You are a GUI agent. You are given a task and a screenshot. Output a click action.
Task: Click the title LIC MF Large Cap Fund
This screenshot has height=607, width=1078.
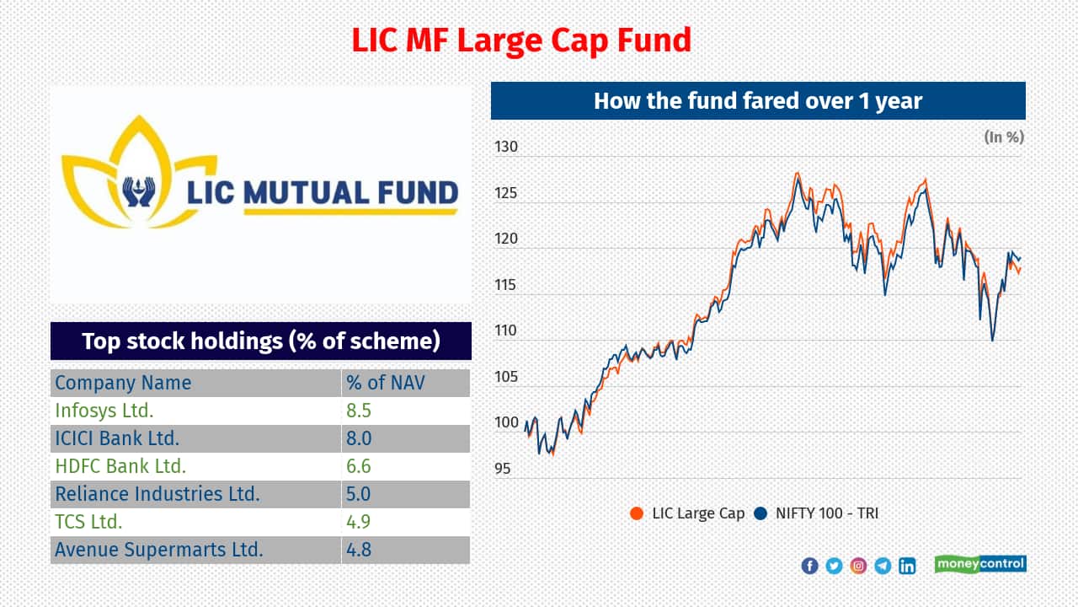point(521,40)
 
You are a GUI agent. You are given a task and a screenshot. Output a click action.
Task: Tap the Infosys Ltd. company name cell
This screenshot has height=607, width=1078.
point(104,411)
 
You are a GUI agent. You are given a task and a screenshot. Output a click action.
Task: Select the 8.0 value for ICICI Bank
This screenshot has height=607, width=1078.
point(359,438)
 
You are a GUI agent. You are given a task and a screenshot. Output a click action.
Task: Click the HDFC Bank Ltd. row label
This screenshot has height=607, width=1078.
point(120,466)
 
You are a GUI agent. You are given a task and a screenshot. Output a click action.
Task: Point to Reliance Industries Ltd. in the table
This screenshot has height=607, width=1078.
point(157,494)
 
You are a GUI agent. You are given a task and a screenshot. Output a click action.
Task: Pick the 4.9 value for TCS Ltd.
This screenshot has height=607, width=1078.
point(359,522)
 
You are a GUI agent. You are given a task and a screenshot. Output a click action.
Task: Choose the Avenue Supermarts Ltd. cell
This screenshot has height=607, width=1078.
point(159,550)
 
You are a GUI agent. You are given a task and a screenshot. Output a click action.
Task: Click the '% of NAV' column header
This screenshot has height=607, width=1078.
point(386,383)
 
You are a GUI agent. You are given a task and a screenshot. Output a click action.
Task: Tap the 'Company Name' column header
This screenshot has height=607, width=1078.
point(123,383)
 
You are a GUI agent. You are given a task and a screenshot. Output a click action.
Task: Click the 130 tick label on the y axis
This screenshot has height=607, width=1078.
point(506,148)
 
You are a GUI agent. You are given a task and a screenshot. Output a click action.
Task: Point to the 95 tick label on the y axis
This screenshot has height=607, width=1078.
point(502,469)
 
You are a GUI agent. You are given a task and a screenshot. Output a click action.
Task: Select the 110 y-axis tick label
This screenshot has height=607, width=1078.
point(506,331)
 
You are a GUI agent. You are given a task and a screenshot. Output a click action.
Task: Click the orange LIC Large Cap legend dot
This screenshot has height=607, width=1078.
point(637,513)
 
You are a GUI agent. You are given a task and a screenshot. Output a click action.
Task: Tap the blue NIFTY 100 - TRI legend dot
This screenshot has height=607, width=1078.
point(760,513)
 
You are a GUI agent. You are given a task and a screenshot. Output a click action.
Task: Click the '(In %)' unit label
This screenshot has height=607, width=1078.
point(1004,137)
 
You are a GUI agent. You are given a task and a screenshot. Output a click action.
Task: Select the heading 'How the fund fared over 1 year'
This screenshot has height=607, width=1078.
point(758,101)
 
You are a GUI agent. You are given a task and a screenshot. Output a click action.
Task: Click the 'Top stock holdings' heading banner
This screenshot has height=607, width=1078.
point(261,341)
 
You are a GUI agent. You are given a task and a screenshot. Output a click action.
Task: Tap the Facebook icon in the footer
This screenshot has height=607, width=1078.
point(809,566)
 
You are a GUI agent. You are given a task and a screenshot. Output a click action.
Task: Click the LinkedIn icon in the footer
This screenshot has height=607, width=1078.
point(907,566)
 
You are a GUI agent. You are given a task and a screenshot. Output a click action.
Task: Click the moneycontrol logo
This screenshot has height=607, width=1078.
point(980,564)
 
